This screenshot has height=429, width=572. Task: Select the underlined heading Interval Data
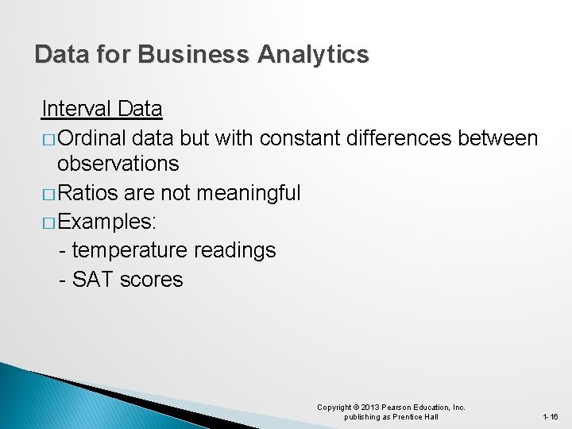pyautogui.click(x=102, y=108)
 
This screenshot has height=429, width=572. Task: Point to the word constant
pyautogui.click(x=300, y=138)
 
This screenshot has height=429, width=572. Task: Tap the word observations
pyautogui.click(x=118, y=164)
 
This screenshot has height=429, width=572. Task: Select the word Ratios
pyautogui.click(x=88, y=192)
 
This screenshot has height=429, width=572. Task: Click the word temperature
pyautogui.click(x=127, y=250)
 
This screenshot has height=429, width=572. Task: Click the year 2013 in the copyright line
pyautogui.click(x=371, y=408)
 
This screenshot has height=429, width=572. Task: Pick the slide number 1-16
pyautogui.click(x=550, y=417)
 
